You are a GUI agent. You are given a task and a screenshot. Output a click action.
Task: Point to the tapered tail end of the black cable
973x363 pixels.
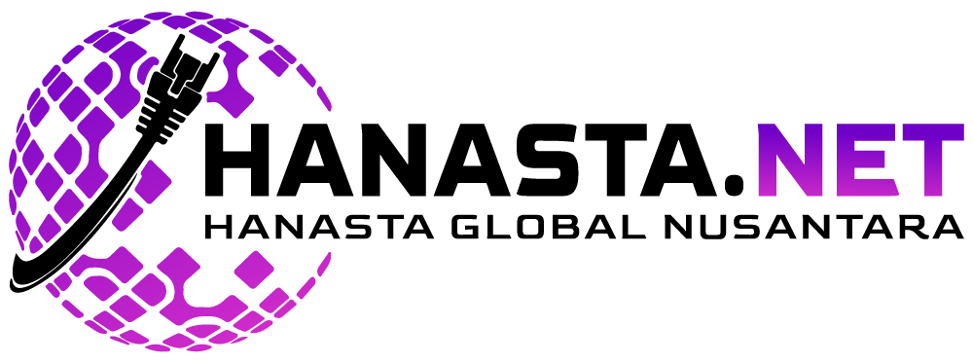(x=18, y=283)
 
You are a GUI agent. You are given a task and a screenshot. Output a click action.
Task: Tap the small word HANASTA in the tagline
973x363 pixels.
(x=318, y=227)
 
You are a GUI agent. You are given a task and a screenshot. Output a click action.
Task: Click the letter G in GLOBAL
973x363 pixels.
(x=467, y=227)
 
